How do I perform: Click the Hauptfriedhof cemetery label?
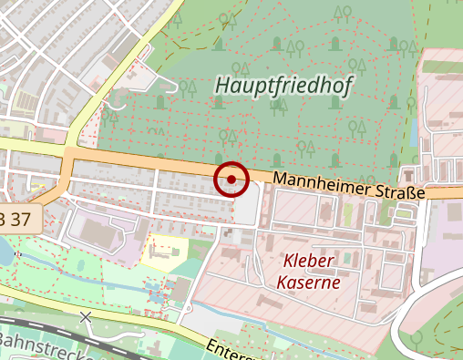(284, 85)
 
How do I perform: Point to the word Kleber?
(308, 262)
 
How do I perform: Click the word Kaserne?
(310, 282)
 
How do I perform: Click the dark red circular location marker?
(231, 179)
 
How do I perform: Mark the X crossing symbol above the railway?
(86, 316)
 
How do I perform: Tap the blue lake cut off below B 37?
(5, 254)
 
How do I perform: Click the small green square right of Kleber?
(347, 215)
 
